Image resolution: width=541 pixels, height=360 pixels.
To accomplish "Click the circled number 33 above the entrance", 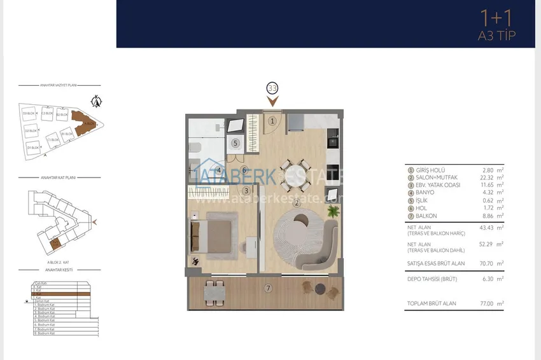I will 272,88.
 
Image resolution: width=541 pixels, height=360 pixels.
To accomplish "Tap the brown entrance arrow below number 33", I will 272,100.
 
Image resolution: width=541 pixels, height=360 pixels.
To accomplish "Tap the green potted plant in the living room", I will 332,211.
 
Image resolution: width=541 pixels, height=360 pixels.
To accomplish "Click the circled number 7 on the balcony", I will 269,288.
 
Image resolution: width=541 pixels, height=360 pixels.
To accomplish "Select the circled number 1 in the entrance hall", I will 272,120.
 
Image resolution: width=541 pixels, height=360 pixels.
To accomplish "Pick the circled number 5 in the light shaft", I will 235,143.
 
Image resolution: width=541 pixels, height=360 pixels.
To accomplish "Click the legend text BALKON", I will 424,216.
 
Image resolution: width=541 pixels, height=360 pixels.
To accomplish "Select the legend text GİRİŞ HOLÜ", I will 429,170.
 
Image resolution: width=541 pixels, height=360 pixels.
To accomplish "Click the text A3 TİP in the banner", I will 496,36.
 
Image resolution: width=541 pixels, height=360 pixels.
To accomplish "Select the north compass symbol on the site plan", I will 97,100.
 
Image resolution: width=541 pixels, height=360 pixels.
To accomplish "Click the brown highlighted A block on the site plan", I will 83,121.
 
